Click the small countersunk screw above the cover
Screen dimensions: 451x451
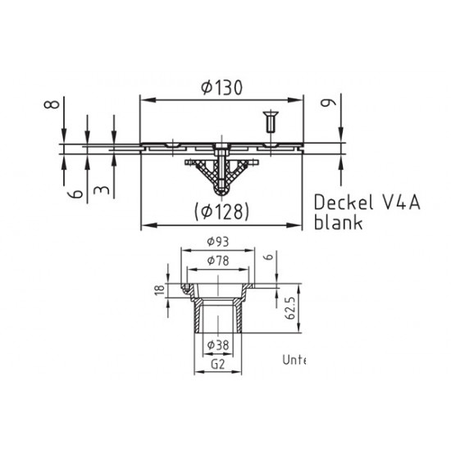(x=268, y=123)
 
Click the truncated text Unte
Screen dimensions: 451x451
(x=293, y=359)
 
